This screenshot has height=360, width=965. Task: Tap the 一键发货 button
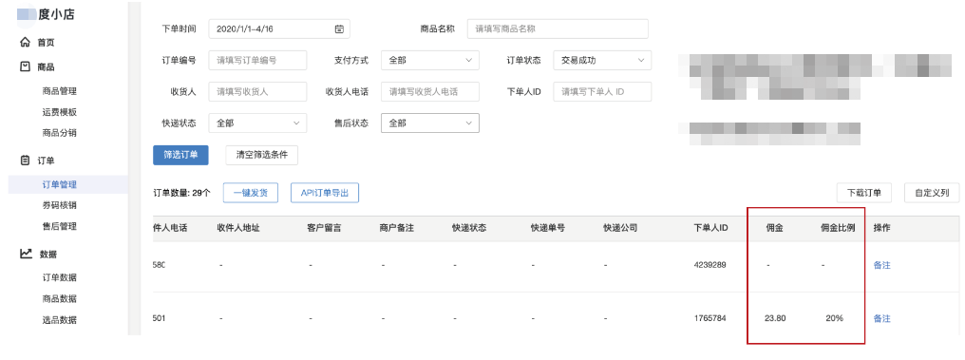click(x=250, y=193)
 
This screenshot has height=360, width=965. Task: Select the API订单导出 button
click(x=325, y=193)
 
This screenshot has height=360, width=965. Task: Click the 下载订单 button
click(x=863, y=193)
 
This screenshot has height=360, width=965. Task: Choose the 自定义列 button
click(x=932, y=193)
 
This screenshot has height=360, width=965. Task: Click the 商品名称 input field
click(x=557, y=29)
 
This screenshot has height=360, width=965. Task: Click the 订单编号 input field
click(x=257, y=60)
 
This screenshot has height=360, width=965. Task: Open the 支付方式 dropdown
click(x=429, y=60)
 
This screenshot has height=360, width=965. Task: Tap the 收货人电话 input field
click(x=429, y=91)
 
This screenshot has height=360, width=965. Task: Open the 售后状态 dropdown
click(x=429, y=123)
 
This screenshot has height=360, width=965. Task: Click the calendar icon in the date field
click(x=340, y=29)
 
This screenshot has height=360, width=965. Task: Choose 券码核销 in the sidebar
click(x=60, y=205)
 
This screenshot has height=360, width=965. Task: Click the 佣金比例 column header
click(x=838, y=228)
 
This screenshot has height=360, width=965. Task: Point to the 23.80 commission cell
click(x=775, y=317)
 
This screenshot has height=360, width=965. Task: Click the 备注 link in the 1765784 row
click(x=881, y=317)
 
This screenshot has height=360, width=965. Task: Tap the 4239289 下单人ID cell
click(x=710, y=265)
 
